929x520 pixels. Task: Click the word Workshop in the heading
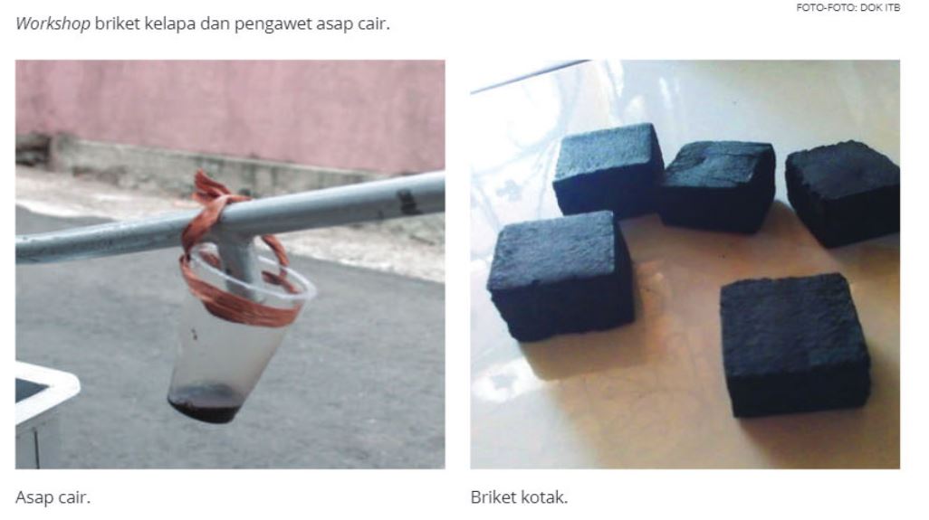(53, 24)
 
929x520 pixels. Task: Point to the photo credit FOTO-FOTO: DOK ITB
(848, 8)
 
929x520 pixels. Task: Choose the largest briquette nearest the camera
(794, 346)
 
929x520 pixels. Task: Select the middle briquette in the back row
(717, 186)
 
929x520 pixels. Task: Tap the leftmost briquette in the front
(560, 276)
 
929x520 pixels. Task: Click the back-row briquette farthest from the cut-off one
(608, 169)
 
